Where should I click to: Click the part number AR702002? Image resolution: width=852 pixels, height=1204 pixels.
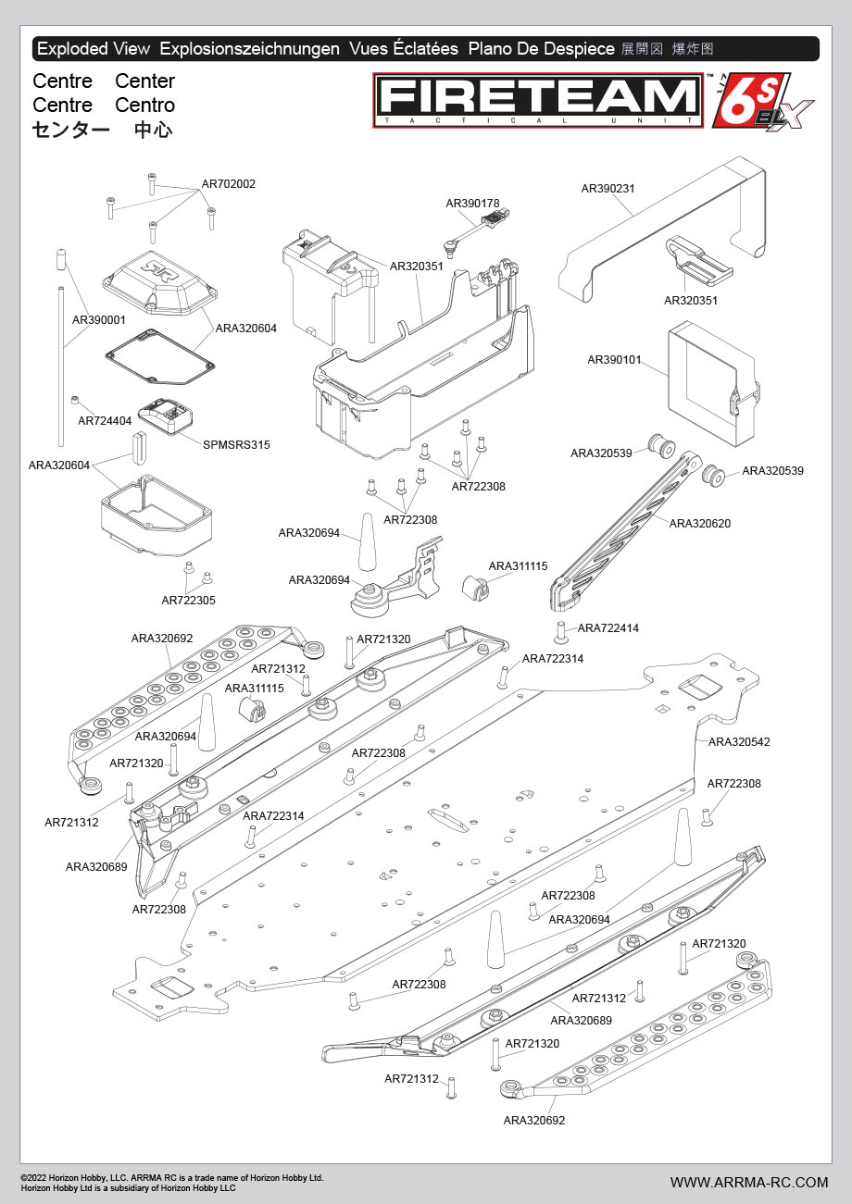coord(229,184)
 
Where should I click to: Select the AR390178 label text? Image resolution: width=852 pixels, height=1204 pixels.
coord(472,203)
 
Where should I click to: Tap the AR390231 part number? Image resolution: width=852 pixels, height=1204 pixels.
coord(608,189)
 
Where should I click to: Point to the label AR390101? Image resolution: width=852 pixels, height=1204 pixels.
coord(614,359)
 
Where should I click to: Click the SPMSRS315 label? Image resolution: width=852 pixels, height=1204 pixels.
coord(236,445)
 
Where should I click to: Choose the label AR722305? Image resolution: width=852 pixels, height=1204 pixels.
coord(188,601)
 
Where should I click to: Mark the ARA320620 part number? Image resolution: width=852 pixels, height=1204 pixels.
coord(699,524)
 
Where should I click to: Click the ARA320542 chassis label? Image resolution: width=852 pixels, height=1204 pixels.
coord(739,742)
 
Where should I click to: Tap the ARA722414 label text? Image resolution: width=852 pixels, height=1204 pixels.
coord(608,628)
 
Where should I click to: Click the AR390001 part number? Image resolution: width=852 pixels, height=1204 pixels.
coord(99,320)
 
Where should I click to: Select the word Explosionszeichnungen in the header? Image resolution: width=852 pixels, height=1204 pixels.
coord(249,49)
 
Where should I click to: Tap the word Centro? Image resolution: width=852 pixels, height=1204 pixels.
coord(145,106)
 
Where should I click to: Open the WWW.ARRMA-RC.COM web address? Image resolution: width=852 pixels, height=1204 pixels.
coord(749,1182)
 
